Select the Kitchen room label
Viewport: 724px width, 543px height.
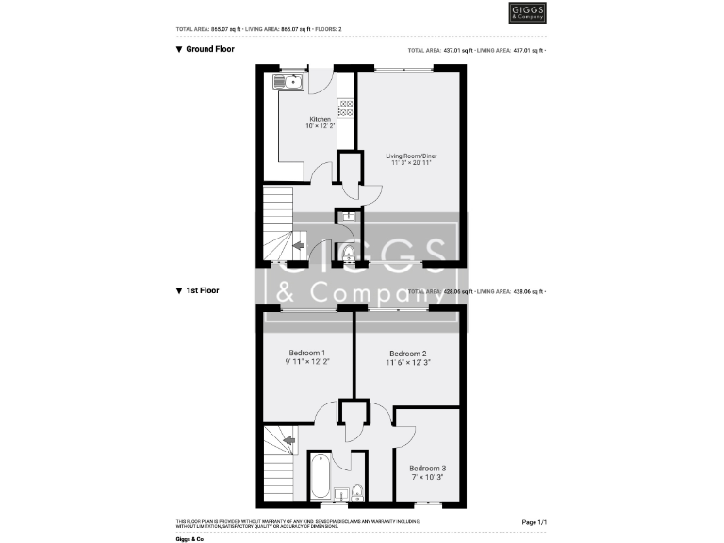click(x=321, y=119)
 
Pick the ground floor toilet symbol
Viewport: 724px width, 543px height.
click(x=348, y=252)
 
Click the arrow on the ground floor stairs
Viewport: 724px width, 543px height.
click(x=299, y=246)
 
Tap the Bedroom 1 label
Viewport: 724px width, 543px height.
click(x=307, y=353)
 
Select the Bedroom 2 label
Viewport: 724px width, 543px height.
click(x=408, y=354)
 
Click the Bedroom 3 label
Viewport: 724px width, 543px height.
click(x=427, y=468)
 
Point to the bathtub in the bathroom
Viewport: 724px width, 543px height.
click(x=319, y=479)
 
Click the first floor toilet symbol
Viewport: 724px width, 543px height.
click(x=356, y=491)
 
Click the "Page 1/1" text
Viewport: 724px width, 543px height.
click(x=534, y=521)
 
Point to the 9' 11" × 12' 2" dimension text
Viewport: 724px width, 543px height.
click(x=307, y=361)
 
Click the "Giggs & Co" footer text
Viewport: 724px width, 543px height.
click(x=189, y=538)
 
